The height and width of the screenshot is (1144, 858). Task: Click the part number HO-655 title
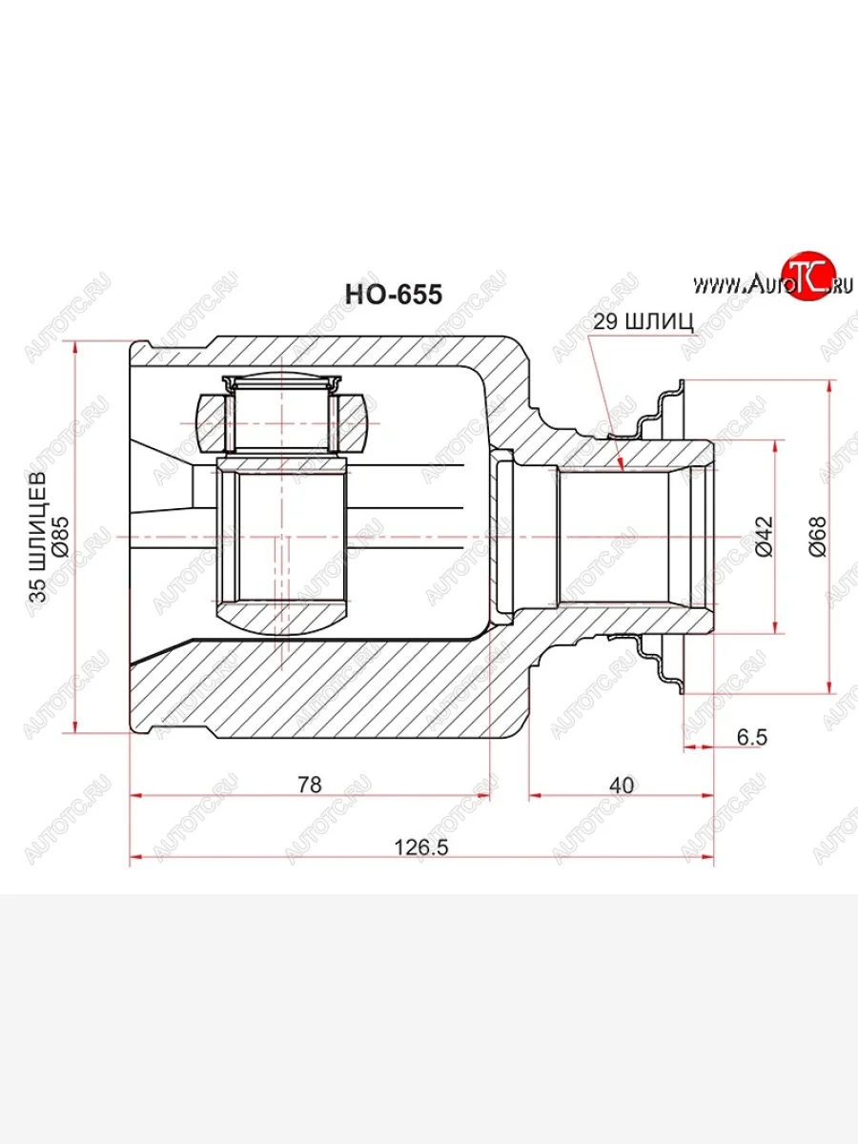[x=393, y=295]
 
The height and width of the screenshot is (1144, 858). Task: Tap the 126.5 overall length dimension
[x=421, y=845]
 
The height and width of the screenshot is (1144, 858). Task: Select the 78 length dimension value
[x=309, y=784]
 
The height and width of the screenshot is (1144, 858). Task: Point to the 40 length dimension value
[x=621, y=784]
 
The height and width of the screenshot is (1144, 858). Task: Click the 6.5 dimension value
[x=751, y=736]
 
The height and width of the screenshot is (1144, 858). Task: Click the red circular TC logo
[x=807, y=277]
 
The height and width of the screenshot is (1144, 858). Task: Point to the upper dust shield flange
[x=667, y=405]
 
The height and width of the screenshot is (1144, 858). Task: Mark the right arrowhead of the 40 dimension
[x=711, y=795]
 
